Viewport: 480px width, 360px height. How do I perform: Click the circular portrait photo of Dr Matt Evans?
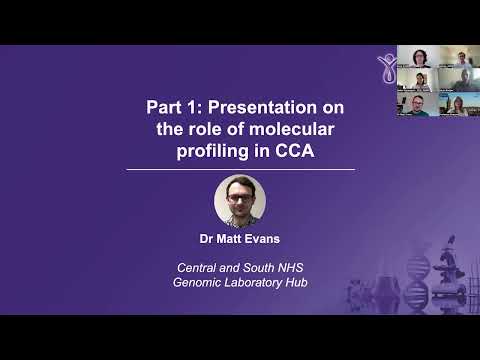click(x=240, y=200)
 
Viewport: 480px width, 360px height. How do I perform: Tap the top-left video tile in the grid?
click(x=415, y=56)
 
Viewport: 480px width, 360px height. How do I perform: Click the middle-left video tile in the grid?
click(x=415, y=81)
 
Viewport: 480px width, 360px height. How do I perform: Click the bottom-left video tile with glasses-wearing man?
click(x=415, y=106)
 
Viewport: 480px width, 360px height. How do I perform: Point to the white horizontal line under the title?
click(x=240, y=170)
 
